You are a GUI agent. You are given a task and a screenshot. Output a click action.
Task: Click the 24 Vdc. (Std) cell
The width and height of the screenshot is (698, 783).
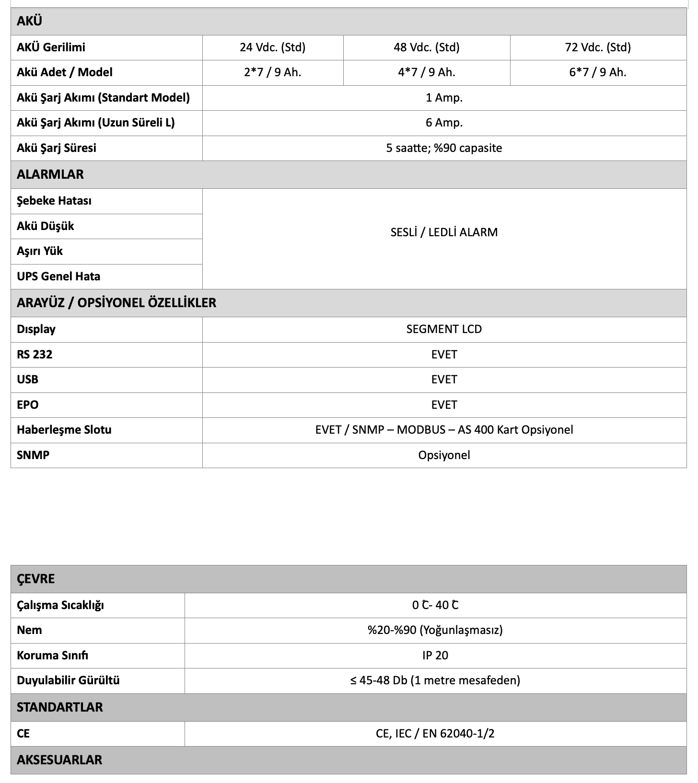point(272,47)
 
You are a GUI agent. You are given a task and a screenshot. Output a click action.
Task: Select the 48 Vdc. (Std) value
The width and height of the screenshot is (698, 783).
point(426,47)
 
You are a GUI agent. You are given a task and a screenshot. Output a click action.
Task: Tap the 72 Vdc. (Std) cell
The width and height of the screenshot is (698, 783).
point(598,47)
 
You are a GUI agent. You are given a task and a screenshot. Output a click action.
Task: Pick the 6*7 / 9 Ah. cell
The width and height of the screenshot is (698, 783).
point(598,72)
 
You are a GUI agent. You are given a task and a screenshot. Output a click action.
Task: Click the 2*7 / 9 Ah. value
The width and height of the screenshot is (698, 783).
point(272,72)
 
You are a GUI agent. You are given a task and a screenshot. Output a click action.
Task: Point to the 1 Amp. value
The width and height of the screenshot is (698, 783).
point(444,98)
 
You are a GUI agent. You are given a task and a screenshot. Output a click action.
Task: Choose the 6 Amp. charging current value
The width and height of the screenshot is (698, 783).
point(444,123)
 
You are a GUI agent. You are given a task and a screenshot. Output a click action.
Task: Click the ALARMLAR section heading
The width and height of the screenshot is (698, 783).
point(50,174)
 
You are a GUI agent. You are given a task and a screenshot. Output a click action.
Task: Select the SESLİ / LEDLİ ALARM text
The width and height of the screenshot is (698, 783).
point(444,232)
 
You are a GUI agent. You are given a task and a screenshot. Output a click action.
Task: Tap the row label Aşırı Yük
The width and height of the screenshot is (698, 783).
point(40,251)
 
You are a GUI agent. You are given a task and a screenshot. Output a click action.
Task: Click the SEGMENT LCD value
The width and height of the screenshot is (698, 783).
point(444,329)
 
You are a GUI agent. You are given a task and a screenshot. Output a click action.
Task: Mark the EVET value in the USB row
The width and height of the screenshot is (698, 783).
point(444,380)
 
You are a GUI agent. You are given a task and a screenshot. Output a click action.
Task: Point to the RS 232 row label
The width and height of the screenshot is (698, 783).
point(35,355)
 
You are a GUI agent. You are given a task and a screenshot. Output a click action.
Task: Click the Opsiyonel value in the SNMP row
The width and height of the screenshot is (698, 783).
point(444,455)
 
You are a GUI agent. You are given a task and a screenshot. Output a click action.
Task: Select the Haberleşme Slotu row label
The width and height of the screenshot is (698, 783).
point(64,430)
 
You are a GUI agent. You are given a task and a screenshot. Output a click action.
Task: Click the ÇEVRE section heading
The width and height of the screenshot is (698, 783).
point(36,579)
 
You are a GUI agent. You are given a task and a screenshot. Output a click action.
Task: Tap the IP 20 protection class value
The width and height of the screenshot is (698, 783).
point(435,655)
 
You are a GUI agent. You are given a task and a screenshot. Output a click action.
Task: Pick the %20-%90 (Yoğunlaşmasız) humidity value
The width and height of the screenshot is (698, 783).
point(435,630)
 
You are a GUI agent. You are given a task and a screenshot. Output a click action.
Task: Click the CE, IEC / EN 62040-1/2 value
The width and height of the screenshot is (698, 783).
point(435,734)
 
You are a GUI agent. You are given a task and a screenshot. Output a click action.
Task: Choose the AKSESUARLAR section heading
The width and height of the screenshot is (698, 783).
point(59,760)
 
